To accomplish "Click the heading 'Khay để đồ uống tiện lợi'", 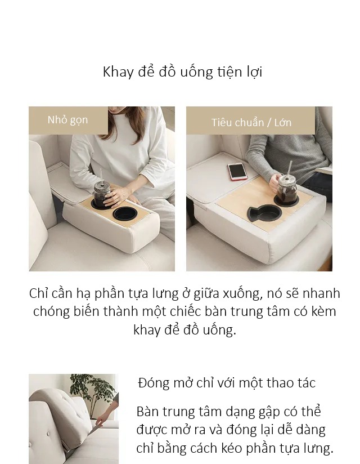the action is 182,72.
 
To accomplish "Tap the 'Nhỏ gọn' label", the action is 67,120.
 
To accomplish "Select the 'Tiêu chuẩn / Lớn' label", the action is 251,123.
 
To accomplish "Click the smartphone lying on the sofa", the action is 237,172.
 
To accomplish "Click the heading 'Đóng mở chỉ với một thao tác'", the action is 227,382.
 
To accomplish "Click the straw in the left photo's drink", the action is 101,177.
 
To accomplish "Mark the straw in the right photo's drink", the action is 290,169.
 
